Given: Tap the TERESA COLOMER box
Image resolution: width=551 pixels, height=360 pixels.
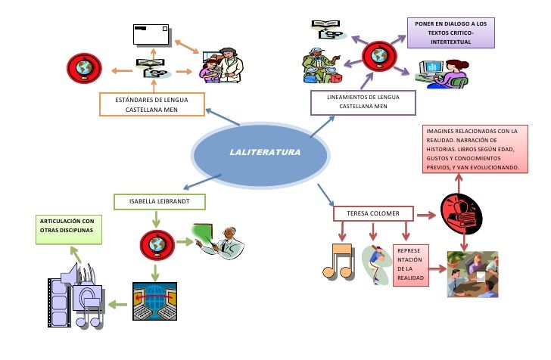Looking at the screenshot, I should [x=373, y=213].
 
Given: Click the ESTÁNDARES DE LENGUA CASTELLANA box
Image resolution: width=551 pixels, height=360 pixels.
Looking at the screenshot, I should [x=153, y=104].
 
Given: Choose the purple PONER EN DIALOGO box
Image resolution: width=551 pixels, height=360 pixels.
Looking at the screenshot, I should [x=450, y=33].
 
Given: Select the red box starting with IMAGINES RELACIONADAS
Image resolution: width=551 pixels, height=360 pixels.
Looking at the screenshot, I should [x=472, y=150].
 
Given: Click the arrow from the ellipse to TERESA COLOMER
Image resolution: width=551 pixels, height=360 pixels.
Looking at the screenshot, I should [x=325, y=193].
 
